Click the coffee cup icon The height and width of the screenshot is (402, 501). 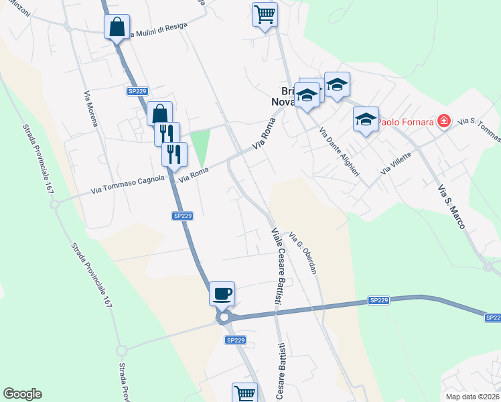pos(222,293)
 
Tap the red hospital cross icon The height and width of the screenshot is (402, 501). pos(443,121)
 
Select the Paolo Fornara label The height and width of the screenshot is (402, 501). pos(405,123)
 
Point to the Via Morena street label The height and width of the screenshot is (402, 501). pos(91,109)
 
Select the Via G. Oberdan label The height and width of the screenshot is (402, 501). pos(302,253)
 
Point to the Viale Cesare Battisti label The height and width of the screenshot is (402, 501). pos(276,267)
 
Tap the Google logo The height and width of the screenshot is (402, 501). pos(22,394)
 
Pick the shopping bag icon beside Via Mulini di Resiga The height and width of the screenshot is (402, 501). pos(117,27)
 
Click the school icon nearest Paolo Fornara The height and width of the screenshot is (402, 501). pos(366,120)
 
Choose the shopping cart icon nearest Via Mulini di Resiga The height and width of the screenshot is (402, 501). pos(265,14)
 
